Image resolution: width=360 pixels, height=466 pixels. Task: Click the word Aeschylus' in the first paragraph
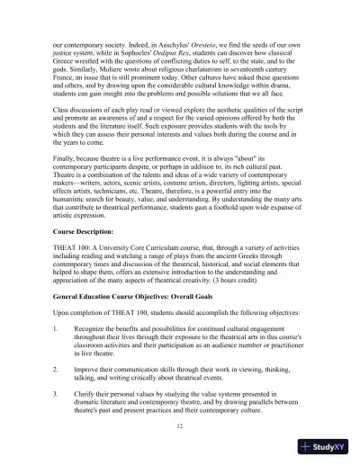point(192,42)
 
